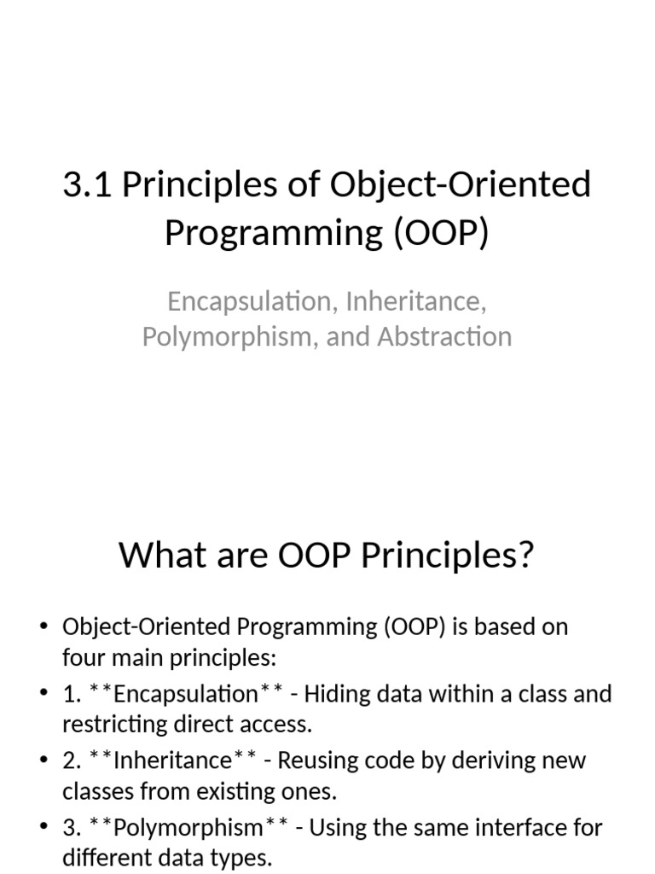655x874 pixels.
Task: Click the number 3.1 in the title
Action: tap(88, 184)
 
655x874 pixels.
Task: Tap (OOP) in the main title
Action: tap(442, 232)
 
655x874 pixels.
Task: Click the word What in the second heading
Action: tap(161, 555)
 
